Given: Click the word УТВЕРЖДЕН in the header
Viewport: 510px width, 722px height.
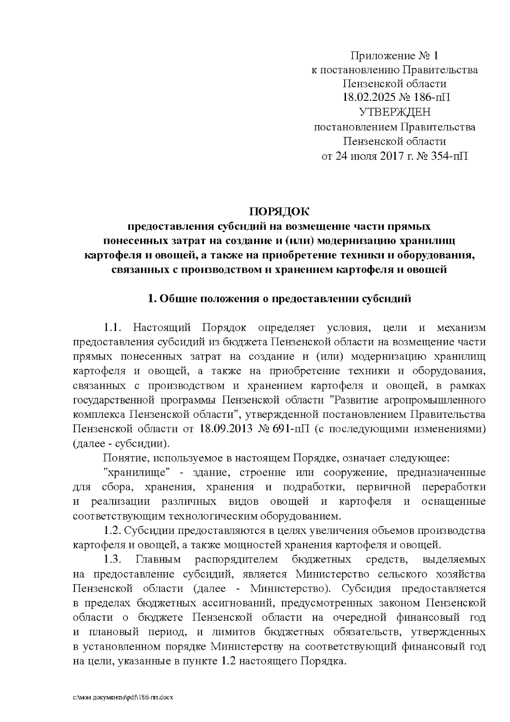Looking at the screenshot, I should tap(395, 112).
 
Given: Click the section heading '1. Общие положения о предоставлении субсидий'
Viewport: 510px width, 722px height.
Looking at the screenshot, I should tap(279, 299).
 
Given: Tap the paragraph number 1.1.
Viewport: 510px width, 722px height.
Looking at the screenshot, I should tap(113, 328).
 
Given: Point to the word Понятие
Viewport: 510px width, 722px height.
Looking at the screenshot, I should tap(124, 458).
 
